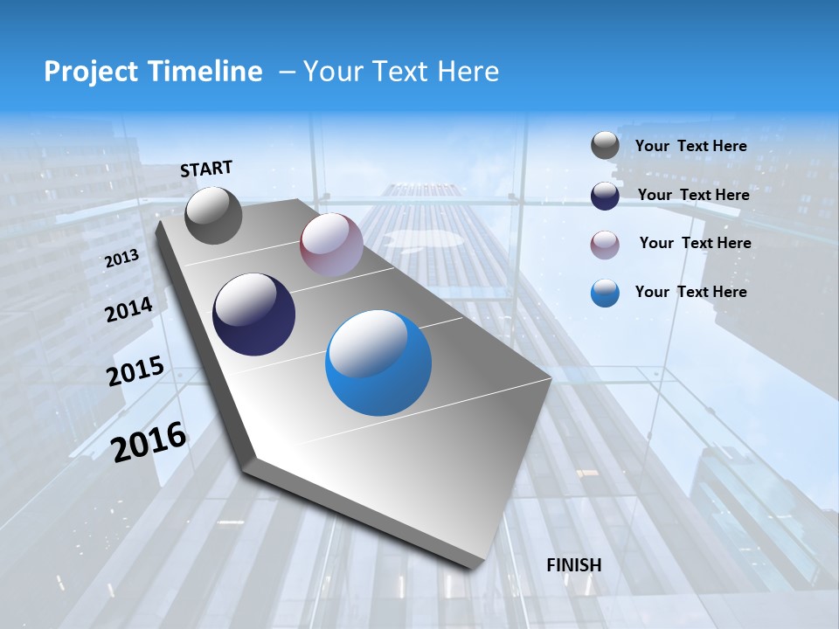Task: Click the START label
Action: pyautogui.click(x=206, y=169)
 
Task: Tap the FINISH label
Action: pyautogui.click(x=574, y=565)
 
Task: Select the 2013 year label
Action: pyautogui.click(x=122, y=259)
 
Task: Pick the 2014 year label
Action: pyautogui.click(x=128, y=309)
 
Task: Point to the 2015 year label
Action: pyautogui.click(x=135, y=371)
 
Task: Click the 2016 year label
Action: pyautogui.click(x=149, y=441)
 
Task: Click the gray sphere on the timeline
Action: pyautogui.click(x=213, y=216)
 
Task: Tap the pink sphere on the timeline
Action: pyautogui.click(x=331, y=245)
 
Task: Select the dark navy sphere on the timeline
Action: pyautogui.click(x=253, y=314)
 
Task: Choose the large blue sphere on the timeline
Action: pyautogui.click(x=378, y=364)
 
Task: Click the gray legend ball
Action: pyautogui.click(x=605, y=146)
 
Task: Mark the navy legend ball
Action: pyautogui.click(x=605, y=196)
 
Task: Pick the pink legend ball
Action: pyautogui.click(x=605, y=245)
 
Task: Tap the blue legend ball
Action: pyautogui.click(x=605, y=293)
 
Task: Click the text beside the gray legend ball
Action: pyautogui.click(x=690, y=146)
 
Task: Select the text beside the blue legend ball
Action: pyautogui.click(x=690, y=292)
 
